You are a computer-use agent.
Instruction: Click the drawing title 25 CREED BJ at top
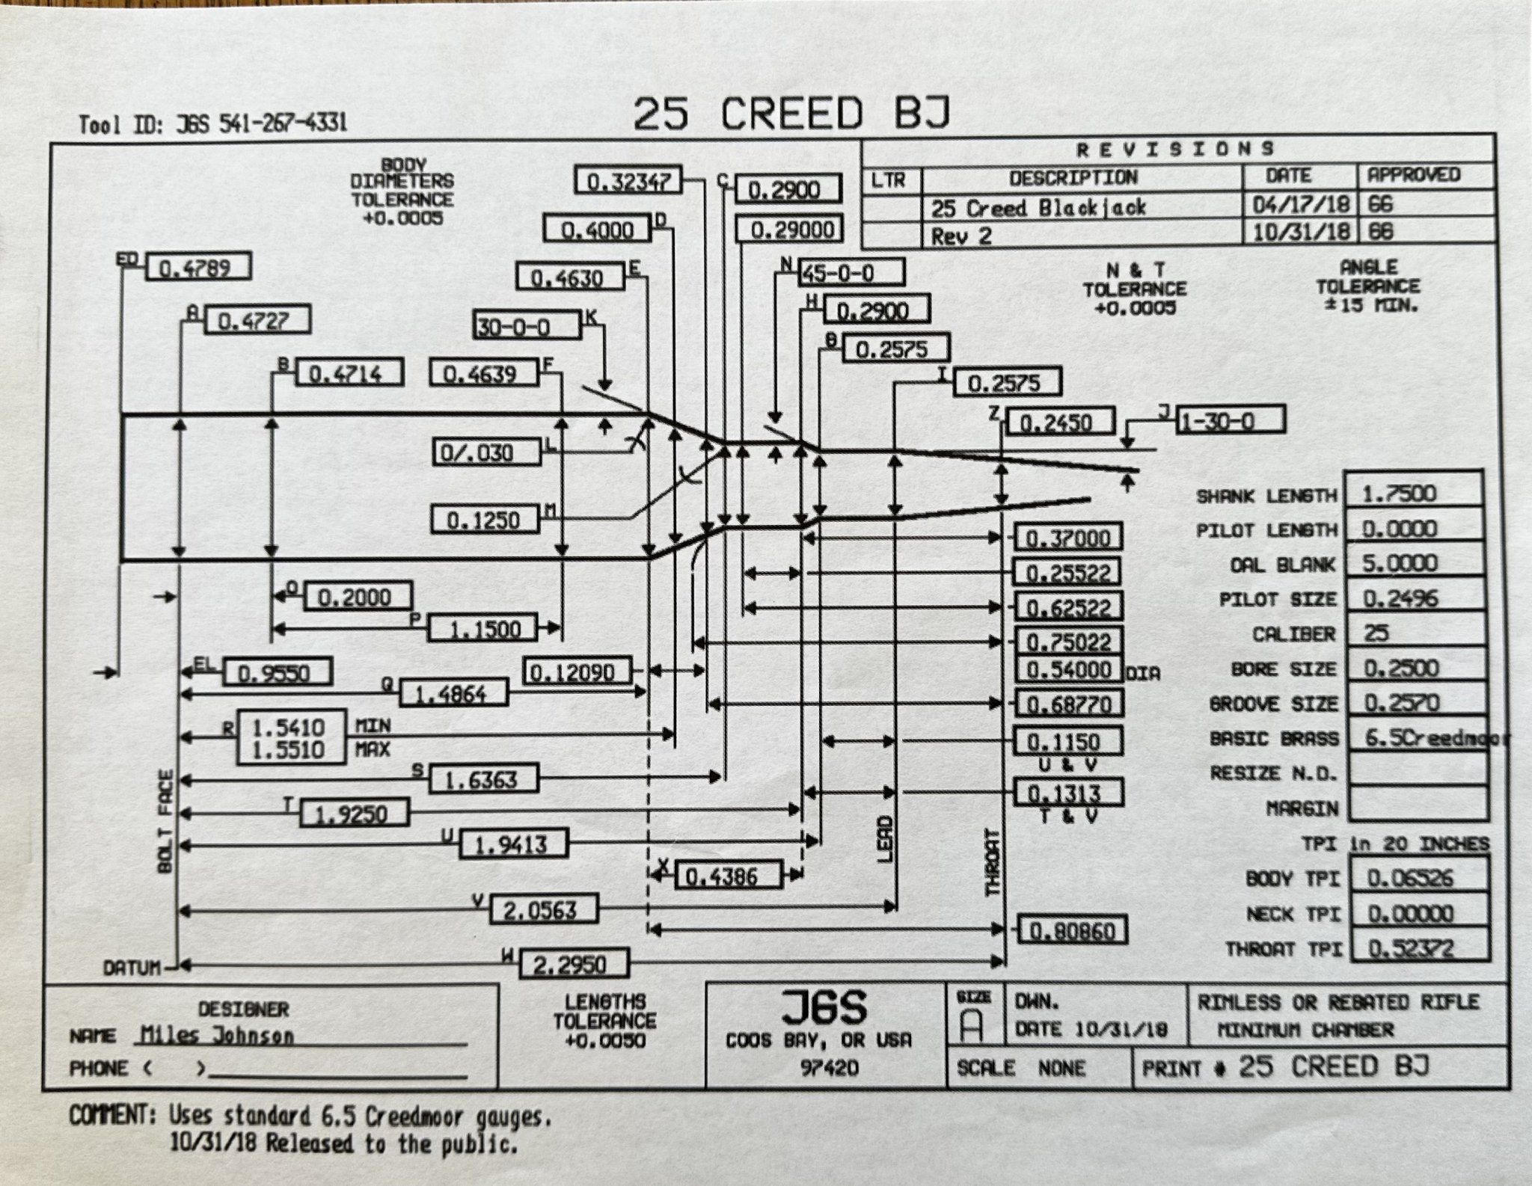791,114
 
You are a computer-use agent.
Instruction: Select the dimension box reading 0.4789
197,268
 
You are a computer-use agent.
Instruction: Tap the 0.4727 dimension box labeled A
256,322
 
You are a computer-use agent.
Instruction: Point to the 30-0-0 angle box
527,327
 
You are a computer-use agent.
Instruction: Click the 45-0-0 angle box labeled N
851,273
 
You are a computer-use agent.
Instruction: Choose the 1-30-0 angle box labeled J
1231,421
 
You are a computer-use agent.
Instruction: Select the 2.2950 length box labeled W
572,963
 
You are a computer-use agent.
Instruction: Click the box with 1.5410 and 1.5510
291,738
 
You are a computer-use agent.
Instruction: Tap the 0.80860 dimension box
1072,931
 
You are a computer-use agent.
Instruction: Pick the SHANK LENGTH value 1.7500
1412,493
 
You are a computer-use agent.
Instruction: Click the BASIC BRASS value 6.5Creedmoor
1425,737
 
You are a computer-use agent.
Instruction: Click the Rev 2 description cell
961,236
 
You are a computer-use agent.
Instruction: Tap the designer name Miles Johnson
217,1036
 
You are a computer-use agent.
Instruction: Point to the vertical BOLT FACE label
165,820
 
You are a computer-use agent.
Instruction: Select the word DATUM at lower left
133,968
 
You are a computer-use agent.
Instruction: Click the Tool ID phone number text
283,123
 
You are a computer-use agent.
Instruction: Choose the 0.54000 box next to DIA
1068,669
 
